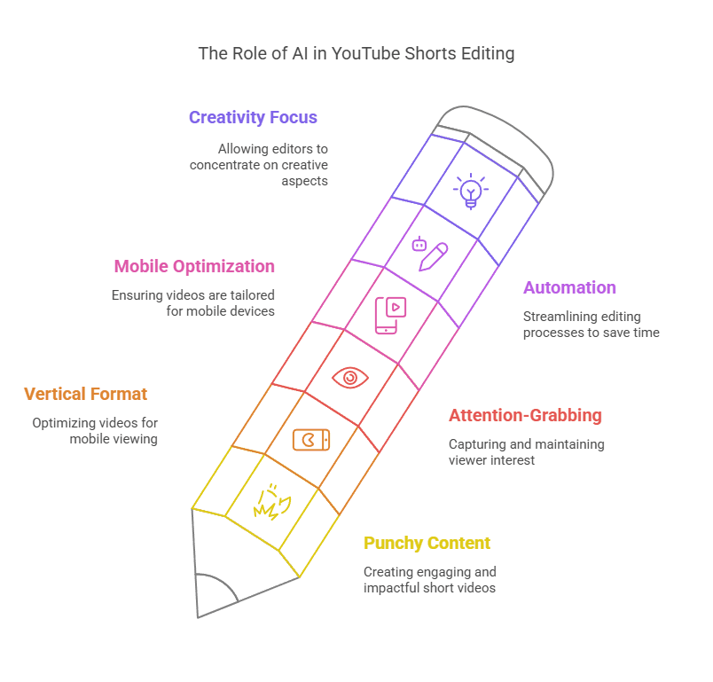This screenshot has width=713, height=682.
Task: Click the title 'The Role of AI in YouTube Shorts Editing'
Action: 356,53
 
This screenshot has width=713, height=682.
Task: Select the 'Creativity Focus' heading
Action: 253,117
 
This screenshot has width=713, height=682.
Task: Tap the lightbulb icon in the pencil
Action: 471,191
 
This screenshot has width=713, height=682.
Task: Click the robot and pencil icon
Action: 430,254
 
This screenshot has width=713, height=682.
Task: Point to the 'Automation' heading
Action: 569,288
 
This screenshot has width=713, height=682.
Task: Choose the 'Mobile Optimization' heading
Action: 194,266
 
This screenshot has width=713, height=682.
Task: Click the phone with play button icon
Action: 390,316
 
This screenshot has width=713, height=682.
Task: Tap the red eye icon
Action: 350,378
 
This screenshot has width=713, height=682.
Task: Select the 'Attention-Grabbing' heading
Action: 525,416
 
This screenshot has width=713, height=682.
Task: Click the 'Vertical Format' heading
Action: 85,394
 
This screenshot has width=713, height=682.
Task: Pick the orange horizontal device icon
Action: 311,440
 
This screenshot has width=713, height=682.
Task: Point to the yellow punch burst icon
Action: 272,502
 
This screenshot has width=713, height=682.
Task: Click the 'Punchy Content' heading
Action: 427,544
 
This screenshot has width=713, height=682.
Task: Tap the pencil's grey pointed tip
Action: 199,616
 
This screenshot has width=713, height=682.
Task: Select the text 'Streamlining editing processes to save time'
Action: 592,325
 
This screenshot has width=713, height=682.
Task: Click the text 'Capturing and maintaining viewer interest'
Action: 527,452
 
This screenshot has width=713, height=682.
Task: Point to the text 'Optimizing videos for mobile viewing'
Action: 95,431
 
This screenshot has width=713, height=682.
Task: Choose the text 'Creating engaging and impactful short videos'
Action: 430,580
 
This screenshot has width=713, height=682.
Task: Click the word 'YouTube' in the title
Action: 365,53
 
